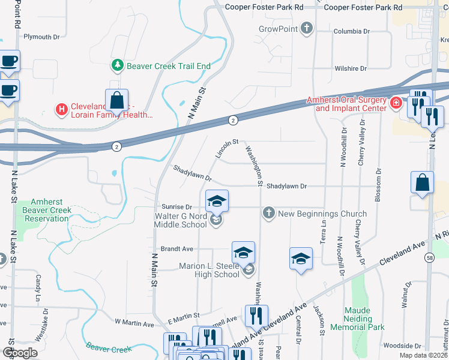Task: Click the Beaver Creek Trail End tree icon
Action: tap(118, 65)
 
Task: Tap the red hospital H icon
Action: tap(61, 109)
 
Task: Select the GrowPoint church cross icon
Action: tap(307, 28)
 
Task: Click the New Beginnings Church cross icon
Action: tap(268, 213)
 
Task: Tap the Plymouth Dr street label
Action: tap(41, 37)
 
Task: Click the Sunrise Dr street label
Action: tap(175, 206)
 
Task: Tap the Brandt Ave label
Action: tap(176, 248)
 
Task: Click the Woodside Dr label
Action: tap(402, 346)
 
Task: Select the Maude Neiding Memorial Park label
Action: tap(366, 319)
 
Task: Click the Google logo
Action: tap(20, 353)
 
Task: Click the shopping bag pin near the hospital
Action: tap(116, 101)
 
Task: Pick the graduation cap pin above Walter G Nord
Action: tap(217, 201)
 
